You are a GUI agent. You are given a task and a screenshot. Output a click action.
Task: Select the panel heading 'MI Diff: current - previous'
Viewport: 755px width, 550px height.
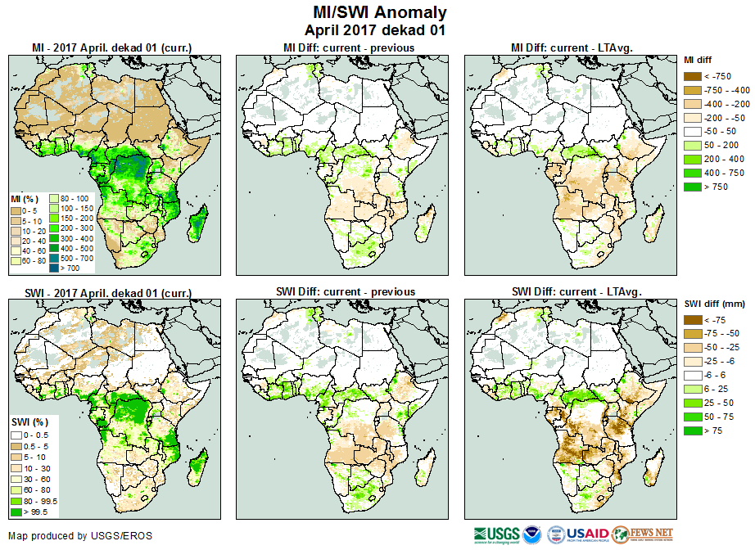pos(348,48)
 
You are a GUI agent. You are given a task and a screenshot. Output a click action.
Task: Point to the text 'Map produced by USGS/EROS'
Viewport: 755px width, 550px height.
pos(80,536)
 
